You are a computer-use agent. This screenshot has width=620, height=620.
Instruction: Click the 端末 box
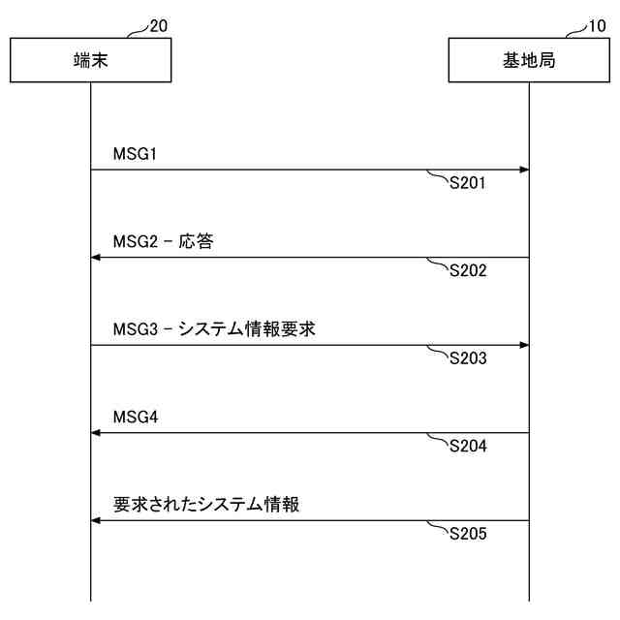[x=91, y=61]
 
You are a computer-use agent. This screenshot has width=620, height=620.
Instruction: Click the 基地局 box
[x=529, y=61]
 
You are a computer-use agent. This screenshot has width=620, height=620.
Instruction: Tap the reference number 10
[x=598, y=25]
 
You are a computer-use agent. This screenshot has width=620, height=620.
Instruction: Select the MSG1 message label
[x=135, y=154]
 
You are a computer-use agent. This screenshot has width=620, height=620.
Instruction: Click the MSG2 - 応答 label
[x=163, y=241]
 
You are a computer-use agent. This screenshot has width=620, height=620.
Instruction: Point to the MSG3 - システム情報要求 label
[x=213, y=329]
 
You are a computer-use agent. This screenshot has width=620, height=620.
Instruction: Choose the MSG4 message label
[x=135, y=417]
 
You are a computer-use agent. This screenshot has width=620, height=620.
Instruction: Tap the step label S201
[x=468, y=183]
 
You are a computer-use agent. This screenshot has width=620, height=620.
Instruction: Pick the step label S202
[x=468, y=270]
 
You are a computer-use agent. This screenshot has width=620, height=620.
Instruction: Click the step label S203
[x=468, y=358]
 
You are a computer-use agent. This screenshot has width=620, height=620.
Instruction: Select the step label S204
[x=468, y=446]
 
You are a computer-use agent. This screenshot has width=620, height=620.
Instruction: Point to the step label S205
[x=468, y=534]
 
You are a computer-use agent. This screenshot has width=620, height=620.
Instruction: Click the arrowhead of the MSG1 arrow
[x=523, y=170]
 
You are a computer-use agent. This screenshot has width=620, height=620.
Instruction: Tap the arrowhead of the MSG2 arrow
[x=96, y=258]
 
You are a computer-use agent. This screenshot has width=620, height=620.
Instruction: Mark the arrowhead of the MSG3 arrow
[x=523, y=345]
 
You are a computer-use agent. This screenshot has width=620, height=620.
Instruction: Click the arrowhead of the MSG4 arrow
[x=96, y=433]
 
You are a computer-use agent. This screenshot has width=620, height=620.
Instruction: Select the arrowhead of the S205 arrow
[x=96, y=520]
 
